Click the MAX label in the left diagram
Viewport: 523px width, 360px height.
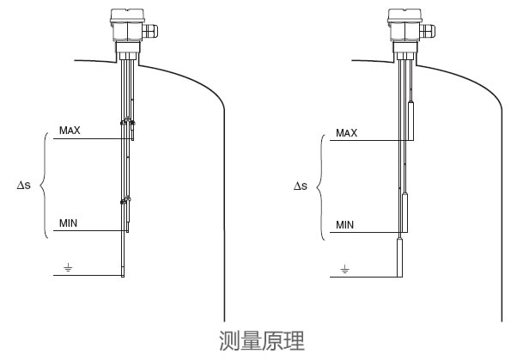[69, 131]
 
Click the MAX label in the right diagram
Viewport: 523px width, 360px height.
[346, 132]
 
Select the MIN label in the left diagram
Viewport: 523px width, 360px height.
[69, 223]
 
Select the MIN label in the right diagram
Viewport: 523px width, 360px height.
[345, 225]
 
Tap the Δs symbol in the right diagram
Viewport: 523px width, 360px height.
[300, 186]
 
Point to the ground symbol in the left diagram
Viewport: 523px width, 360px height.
[69, 267]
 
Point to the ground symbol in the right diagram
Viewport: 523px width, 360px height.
[345, 270]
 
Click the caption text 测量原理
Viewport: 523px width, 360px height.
[262, 341]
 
